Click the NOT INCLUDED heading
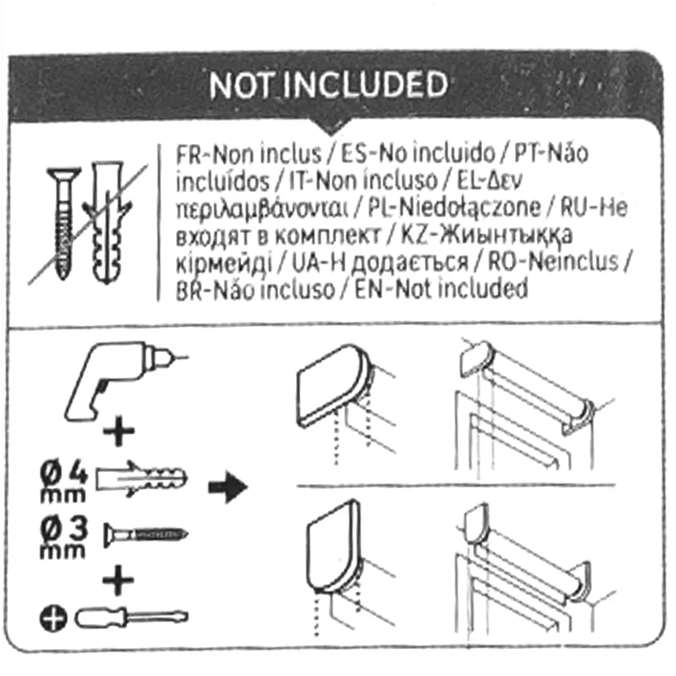(328, 86)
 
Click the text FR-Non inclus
(248, 154)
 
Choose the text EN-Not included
(441, 289)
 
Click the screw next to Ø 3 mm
(145, 536)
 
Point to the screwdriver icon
(131, 617)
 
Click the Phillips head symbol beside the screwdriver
(51, 618)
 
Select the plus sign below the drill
(119, 433)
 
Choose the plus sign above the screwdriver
(119, 581)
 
